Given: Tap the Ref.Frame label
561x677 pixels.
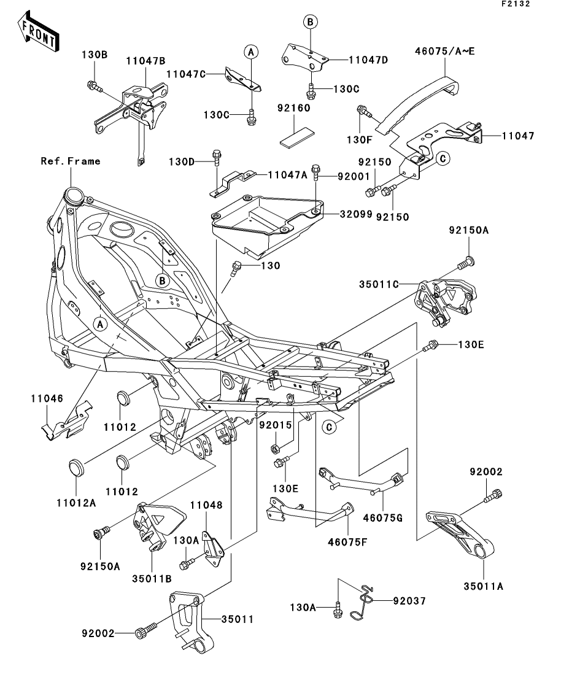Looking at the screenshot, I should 71,161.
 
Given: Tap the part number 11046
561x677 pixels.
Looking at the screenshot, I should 44,398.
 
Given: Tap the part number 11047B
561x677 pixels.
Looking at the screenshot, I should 146,61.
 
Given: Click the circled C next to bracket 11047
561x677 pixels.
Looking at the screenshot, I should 442,158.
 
